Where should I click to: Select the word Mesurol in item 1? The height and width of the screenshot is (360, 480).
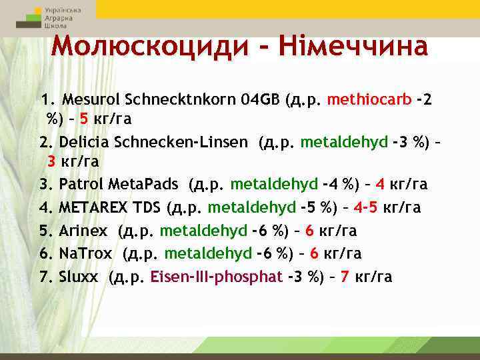pyautogui.click(x=86, y=100)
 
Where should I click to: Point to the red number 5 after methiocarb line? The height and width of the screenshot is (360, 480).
pyautogui.click(x=83, y=119)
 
